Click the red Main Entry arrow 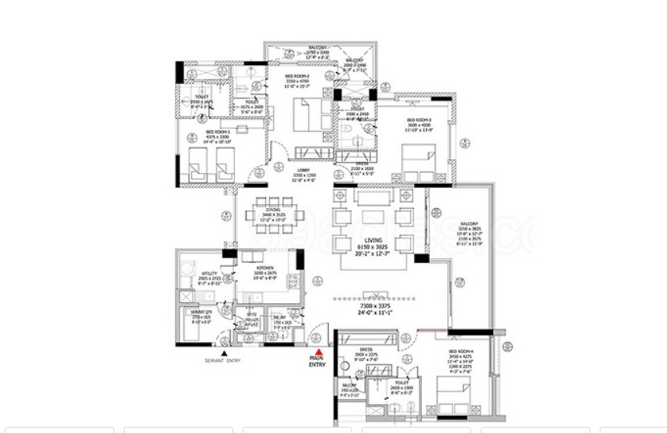318,352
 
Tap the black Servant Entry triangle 224,354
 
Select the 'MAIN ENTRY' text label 317,362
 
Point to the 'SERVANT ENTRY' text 223,361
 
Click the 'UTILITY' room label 209,273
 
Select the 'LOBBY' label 302,170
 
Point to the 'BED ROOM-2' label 299,75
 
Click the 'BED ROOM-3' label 419,120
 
